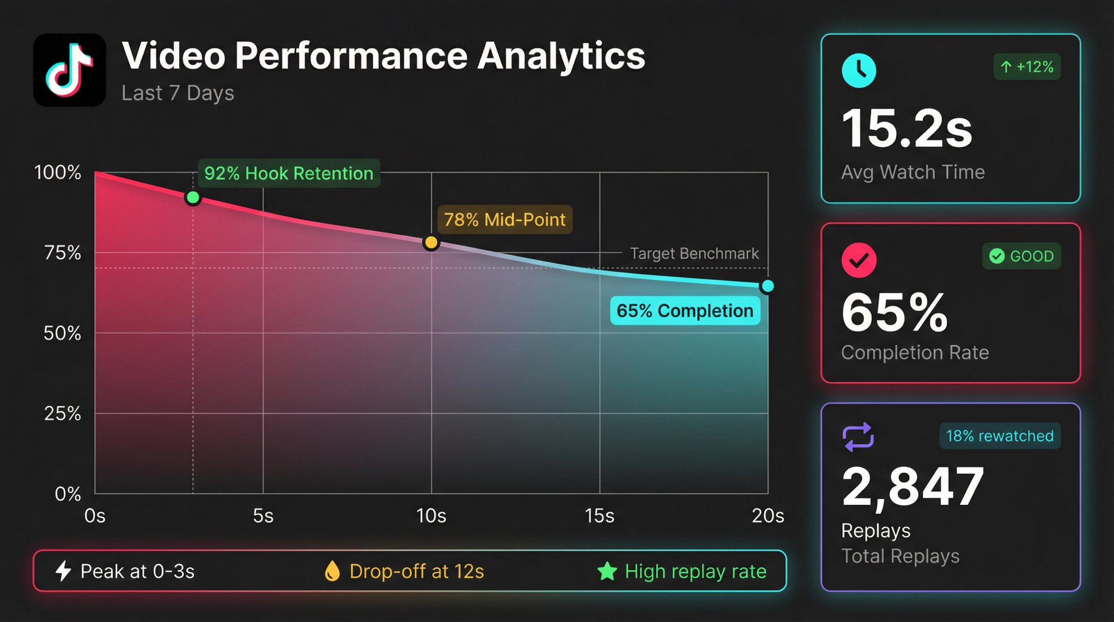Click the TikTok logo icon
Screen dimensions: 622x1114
tap(69, 70)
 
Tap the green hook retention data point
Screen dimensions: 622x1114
tap(193, 197)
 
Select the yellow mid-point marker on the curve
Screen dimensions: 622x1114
tap(431, 242)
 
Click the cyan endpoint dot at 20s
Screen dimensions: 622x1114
tap(768, 286)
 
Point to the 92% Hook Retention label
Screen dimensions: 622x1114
tap(289, 173)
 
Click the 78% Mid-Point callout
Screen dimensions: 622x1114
tap(505, 220)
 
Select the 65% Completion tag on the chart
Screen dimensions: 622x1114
tap(685, 310)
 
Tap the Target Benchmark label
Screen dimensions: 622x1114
tap(694, 254)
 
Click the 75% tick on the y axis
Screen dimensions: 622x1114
tap(62, 253)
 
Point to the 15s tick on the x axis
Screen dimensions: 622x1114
tap(599, 516)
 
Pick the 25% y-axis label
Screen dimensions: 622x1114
tap(62, 414)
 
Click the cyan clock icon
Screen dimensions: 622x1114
tap(858, 71)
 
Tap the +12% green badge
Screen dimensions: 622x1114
tap(1027, 67)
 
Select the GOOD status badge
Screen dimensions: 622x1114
tap(1021, 256)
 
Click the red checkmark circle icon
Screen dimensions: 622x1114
tap(858, 260)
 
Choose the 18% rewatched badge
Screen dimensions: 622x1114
tap(1000, 436)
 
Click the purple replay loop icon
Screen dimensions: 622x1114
tap(858, 436)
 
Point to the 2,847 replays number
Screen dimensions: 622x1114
tap(912, 487)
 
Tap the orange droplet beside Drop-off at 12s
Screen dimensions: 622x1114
tap(332, 571)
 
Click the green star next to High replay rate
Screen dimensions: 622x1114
tap(607, 571)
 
